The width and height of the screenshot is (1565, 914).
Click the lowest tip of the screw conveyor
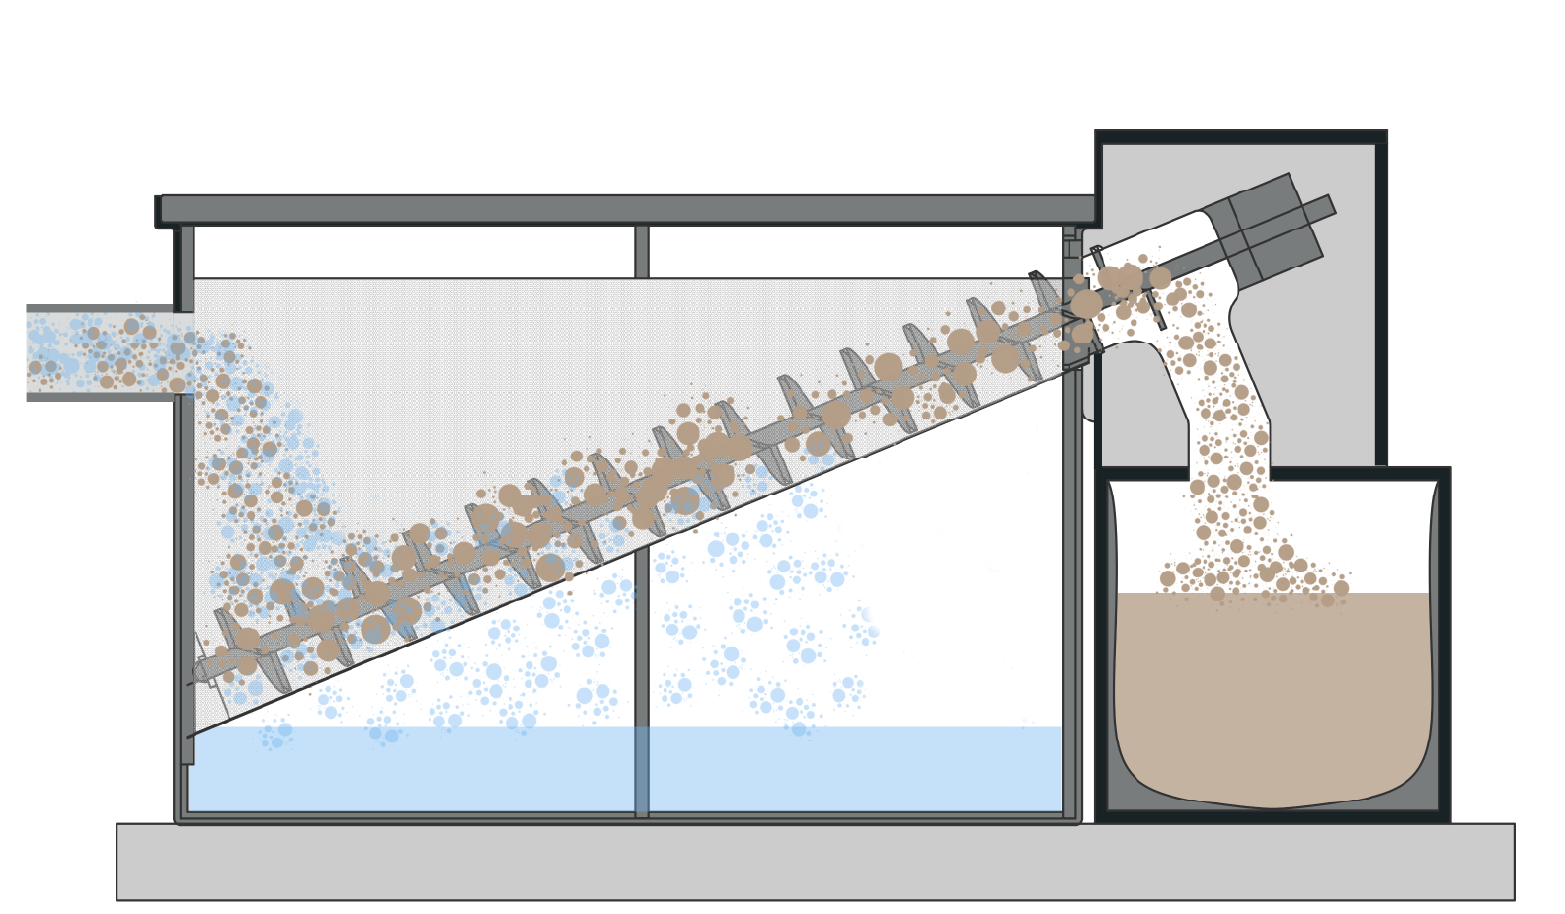click(x=197, y=673)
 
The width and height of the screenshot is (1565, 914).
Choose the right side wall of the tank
click(x=1072, y=592)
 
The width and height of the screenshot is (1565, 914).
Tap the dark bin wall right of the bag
click(x=1444, y=642)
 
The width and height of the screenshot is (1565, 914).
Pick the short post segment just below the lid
click(x=642, y=252)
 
